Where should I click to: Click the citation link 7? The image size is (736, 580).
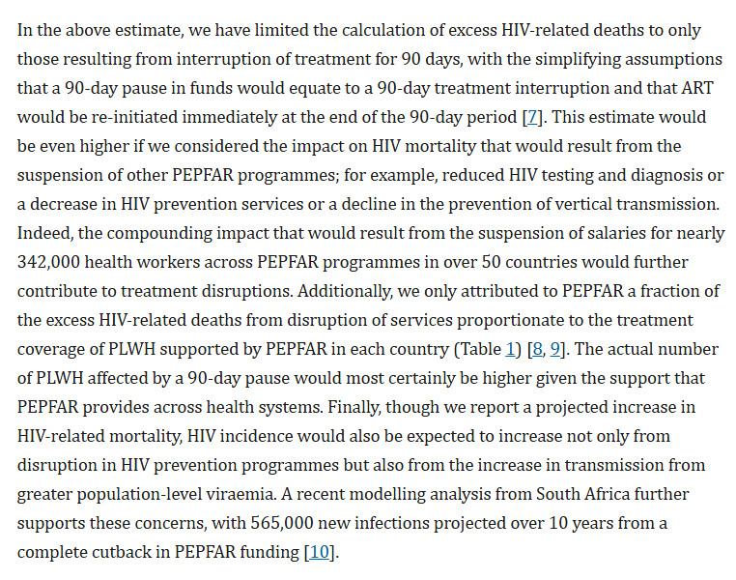pos(532,117)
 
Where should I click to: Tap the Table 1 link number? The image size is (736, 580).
pos(510,349)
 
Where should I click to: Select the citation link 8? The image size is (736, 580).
pos(537,349)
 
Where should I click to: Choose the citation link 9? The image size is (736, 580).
pos(555,349)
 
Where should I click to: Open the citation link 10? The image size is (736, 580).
pos(320,552)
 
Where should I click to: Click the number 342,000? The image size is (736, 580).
pos(49,262)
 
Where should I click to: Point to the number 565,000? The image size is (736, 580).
pos(282,523)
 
